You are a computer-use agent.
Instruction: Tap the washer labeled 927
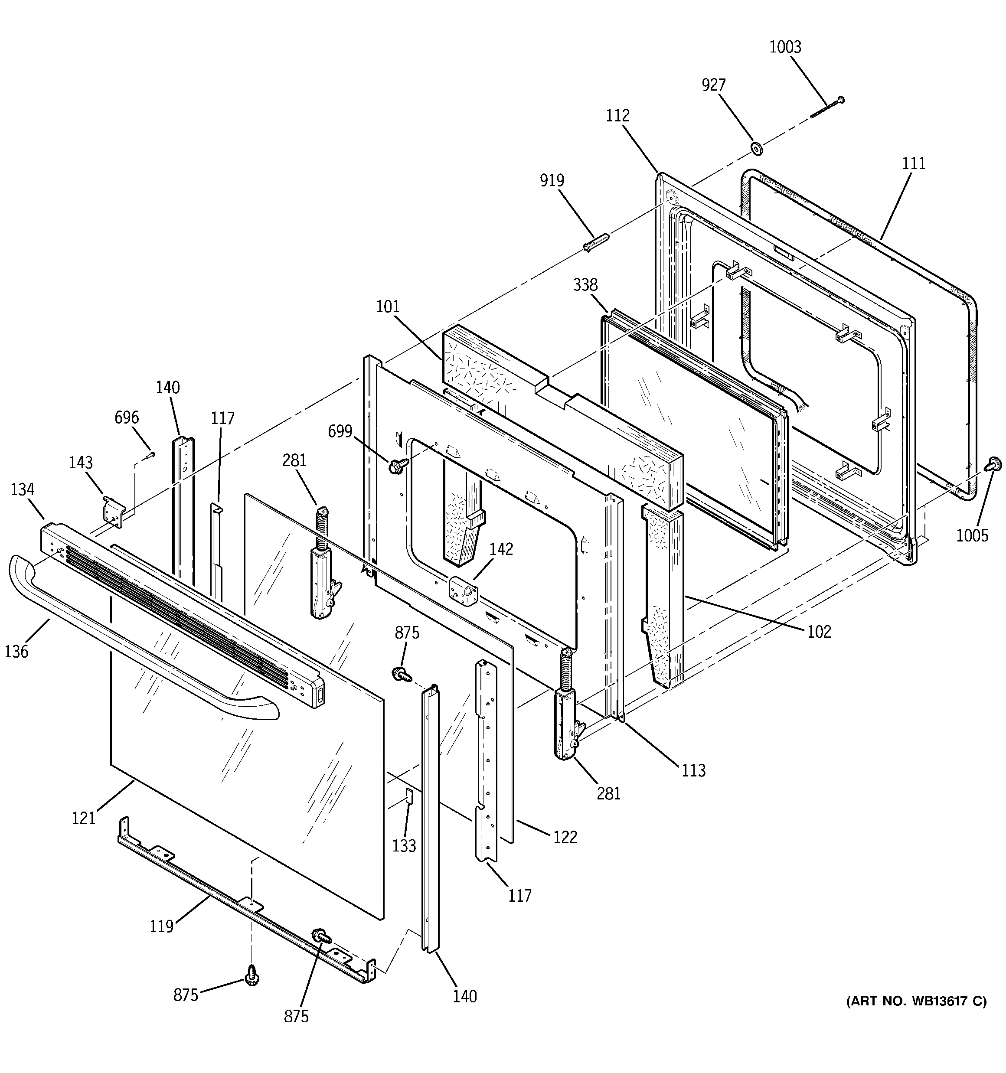pos(757,147)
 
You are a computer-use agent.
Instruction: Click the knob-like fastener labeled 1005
pos(993,463)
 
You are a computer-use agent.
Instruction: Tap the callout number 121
pos(84,818)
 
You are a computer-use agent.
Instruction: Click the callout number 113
pos(693,770)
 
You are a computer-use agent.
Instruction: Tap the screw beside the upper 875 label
pos(401,673)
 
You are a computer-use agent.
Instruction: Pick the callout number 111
pos(914,163)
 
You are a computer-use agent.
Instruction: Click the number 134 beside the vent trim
pos(22,489)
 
